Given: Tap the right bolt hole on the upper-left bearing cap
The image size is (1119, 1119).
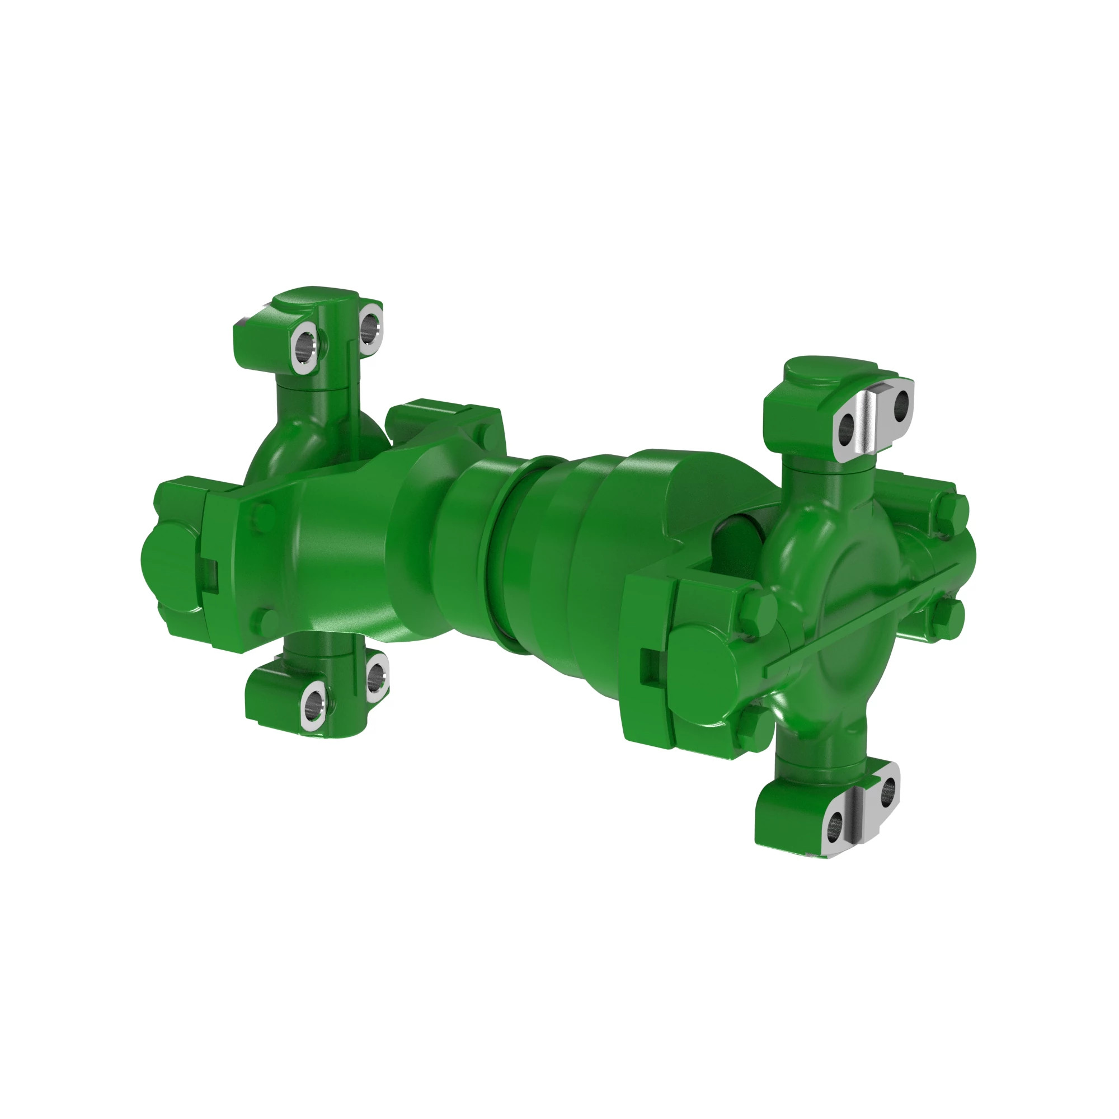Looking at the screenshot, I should coord(369,327).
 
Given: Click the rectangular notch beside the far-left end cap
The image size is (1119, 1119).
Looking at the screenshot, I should coord(209,577).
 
